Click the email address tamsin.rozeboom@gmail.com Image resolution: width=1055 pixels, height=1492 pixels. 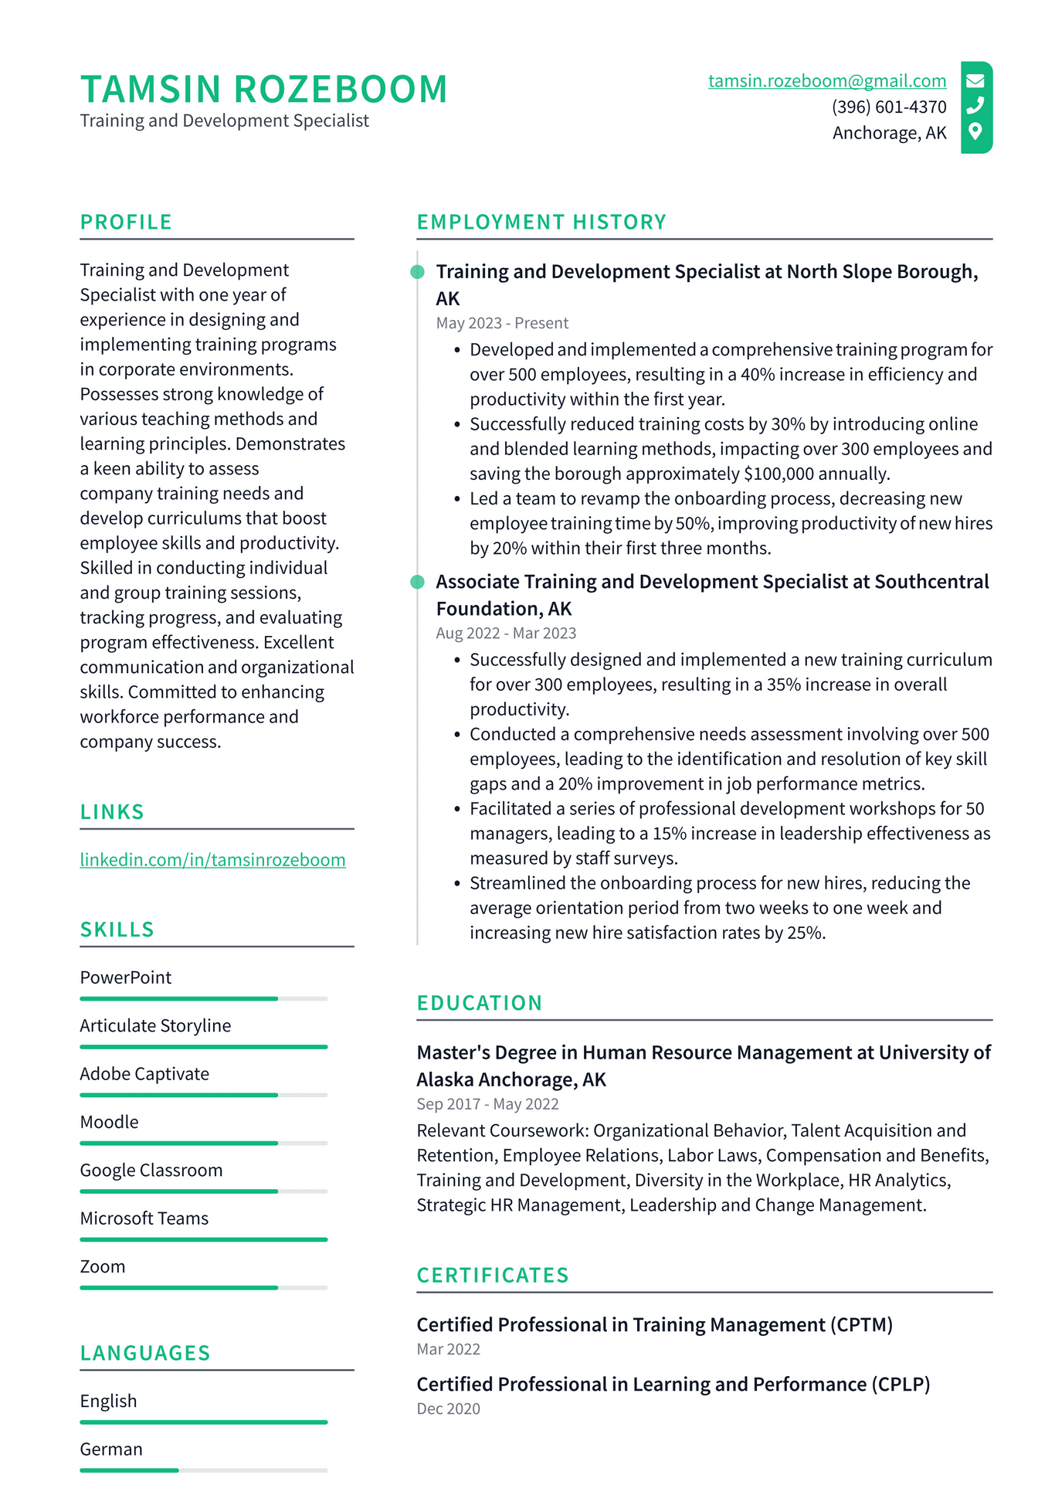(826, 81)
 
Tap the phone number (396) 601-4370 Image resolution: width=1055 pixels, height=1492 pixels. (888, 107)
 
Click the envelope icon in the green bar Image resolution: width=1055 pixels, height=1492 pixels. (975, 80)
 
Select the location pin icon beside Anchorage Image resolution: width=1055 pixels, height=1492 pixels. (975, 131)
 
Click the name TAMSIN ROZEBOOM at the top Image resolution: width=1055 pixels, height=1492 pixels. (263, 89)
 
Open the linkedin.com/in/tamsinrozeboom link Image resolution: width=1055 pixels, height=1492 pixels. (212, 860)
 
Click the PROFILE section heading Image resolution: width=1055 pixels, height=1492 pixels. (126, 223)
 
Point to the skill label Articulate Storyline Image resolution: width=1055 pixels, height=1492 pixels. (155, 1025)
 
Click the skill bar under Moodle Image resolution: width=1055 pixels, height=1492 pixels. (203, 1143)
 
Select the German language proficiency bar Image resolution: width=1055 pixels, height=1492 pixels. (203, 1470)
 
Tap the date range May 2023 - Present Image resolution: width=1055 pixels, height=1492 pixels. (502, 323)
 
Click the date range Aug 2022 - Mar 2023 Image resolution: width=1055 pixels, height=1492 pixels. (506, 633)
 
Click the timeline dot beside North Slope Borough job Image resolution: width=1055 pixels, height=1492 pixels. (417, 272)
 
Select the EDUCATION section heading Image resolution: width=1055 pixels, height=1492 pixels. (479, 1003)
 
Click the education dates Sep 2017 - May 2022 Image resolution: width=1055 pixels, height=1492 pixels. (487, 1104)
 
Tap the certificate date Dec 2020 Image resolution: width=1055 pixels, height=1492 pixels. (448, 1409)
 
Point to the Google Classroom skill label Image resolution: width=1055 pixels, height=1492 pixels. (151, 1170)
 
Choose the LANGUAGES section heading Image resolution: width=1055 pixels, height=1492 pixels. (145, 1353)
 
